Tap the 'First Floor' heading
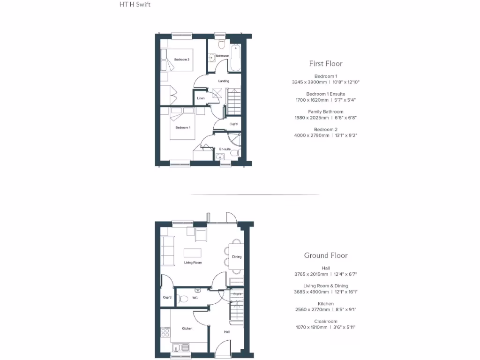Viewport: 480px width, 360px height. (x=325, y=63)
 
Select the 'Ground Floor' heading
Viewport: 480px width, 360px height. (x=326, y=255)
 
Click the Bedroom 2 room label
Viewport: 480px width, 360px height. (x=182, y=60)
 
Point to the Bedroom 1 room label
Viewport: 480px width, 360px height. (x=183, y=127)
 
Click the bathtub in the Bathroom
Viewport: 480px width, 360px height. (x=235, y=58)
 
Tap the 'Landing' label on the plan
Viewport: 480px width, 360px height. (x=224, y=81)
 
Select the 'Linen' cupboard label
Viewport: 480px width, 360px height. (x=201, y=98)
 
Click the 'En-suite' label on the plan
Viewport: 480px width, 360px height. (x=225, y=149)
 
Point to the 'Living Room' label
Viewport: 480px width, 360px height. (x=193, y=262)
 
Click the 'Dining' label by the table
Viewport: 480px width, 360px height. (x=237, y=257)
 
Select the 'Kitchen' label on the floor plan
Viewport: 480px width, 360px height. (x=187, y=329)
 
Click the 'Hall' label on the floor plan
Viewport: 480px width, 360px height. (x=227, y=332)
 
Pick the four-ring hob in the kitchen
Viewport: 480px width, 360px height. (x=165, y=332)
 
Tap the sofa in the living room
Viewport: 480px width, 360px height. (x=167, y=251)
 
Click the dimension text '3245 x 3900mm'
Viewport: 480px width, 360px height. (x=309, y=82)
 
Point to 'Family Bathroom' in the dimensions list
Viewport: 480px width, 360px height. (x=325, y=112)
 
